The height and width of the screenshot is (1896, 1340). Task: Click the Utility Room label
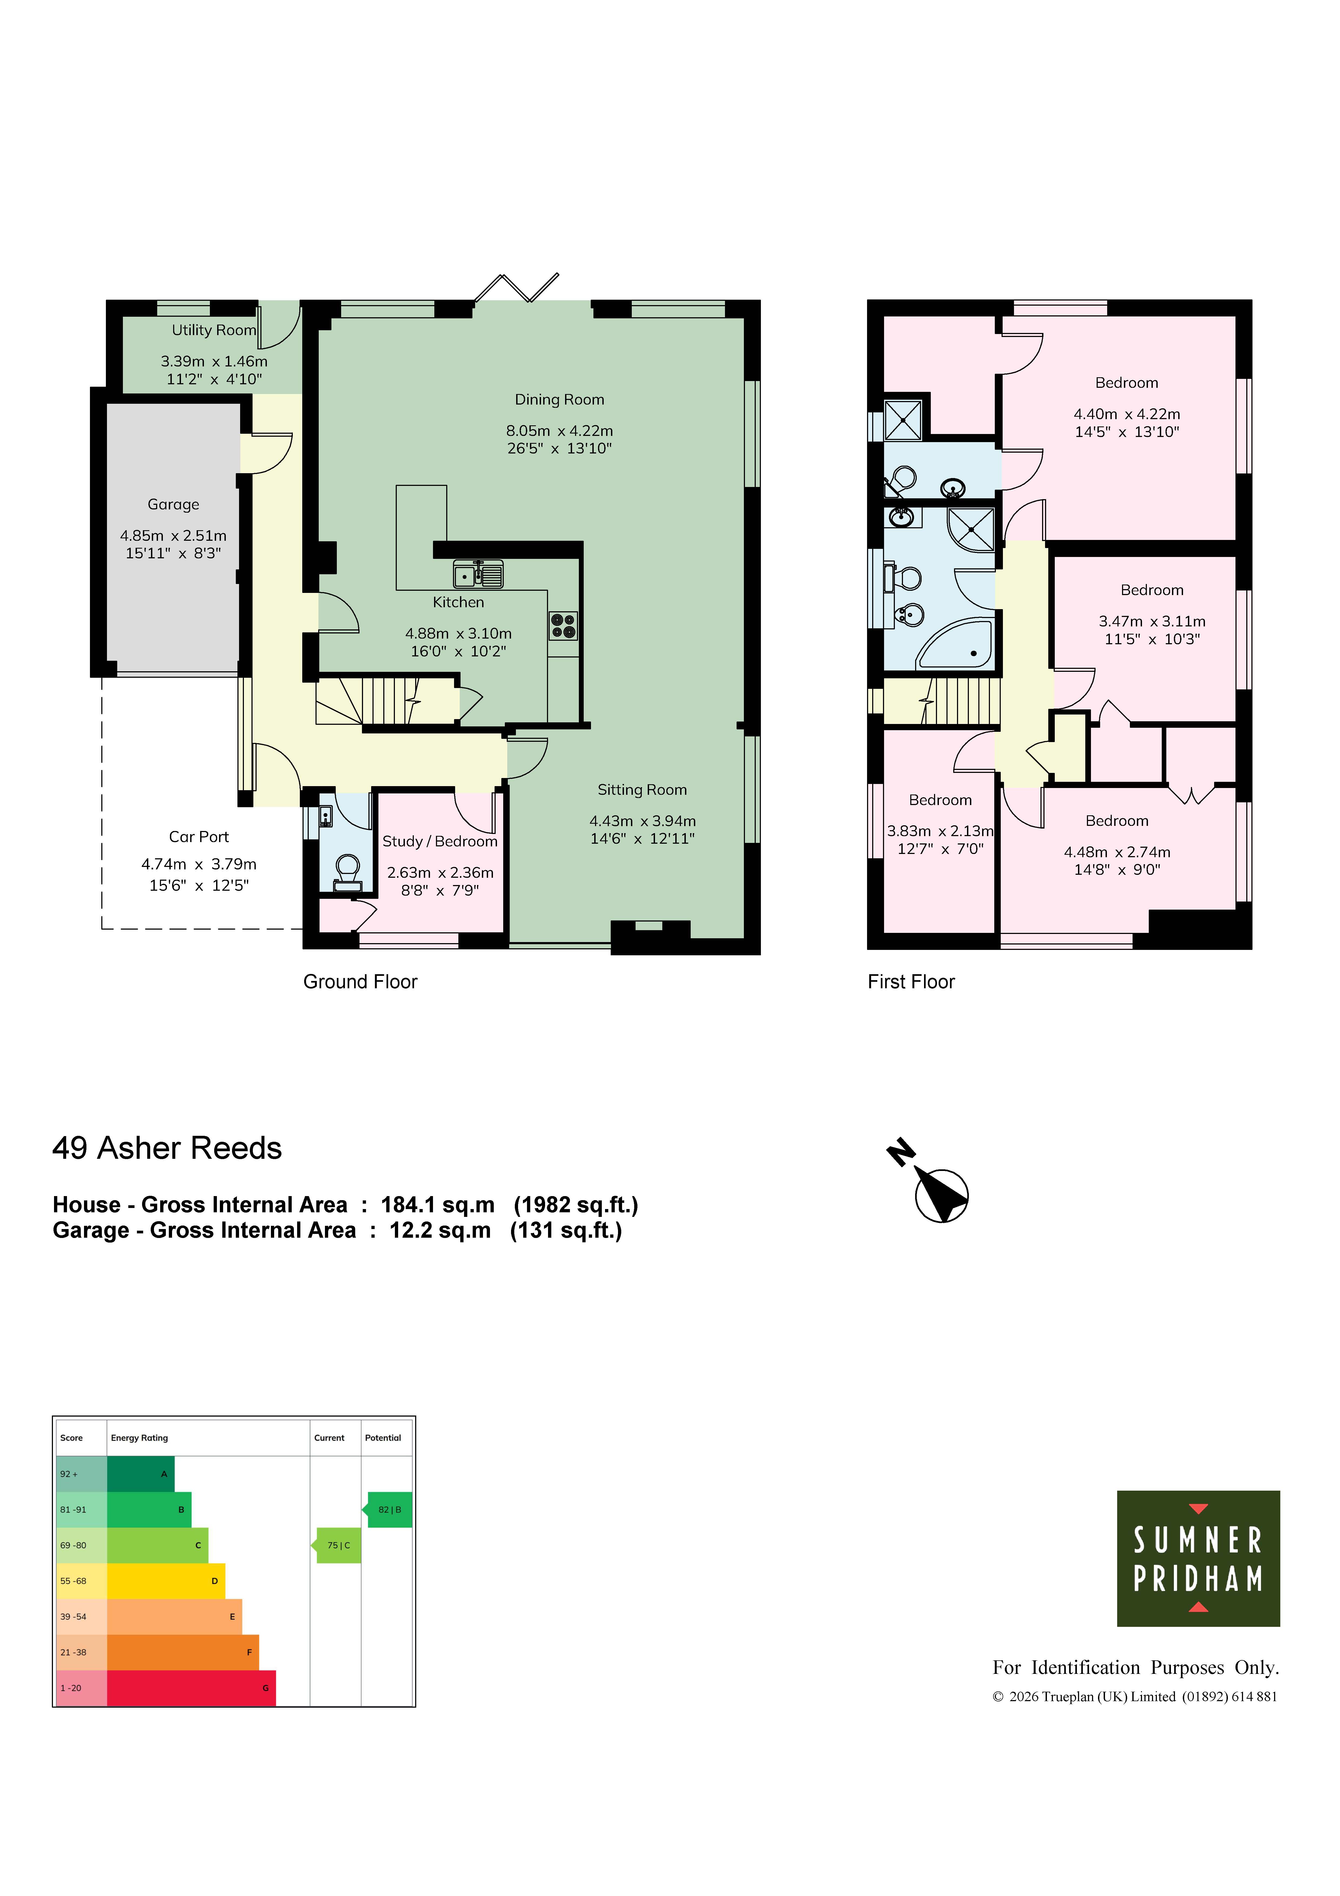point(214,330)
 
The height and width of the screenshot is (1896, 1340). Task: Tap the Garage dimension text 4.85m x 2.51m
point(173,536)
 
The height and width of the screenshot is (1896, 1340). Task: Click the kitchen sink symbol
point(478,573)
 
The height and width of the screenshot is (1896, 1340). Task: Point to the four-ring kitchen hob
point(563,626)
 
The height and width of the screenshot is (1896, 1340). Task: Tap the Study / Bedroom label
point(440,842)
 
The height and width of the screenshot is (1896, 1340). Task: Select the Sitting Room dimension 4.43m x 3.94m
point(642,821)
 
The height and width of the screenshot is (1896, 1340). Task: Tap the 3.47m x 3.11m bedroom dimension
point(1152,621)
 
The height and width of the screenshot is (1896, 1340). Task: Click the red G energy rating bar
point(192,1689)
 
